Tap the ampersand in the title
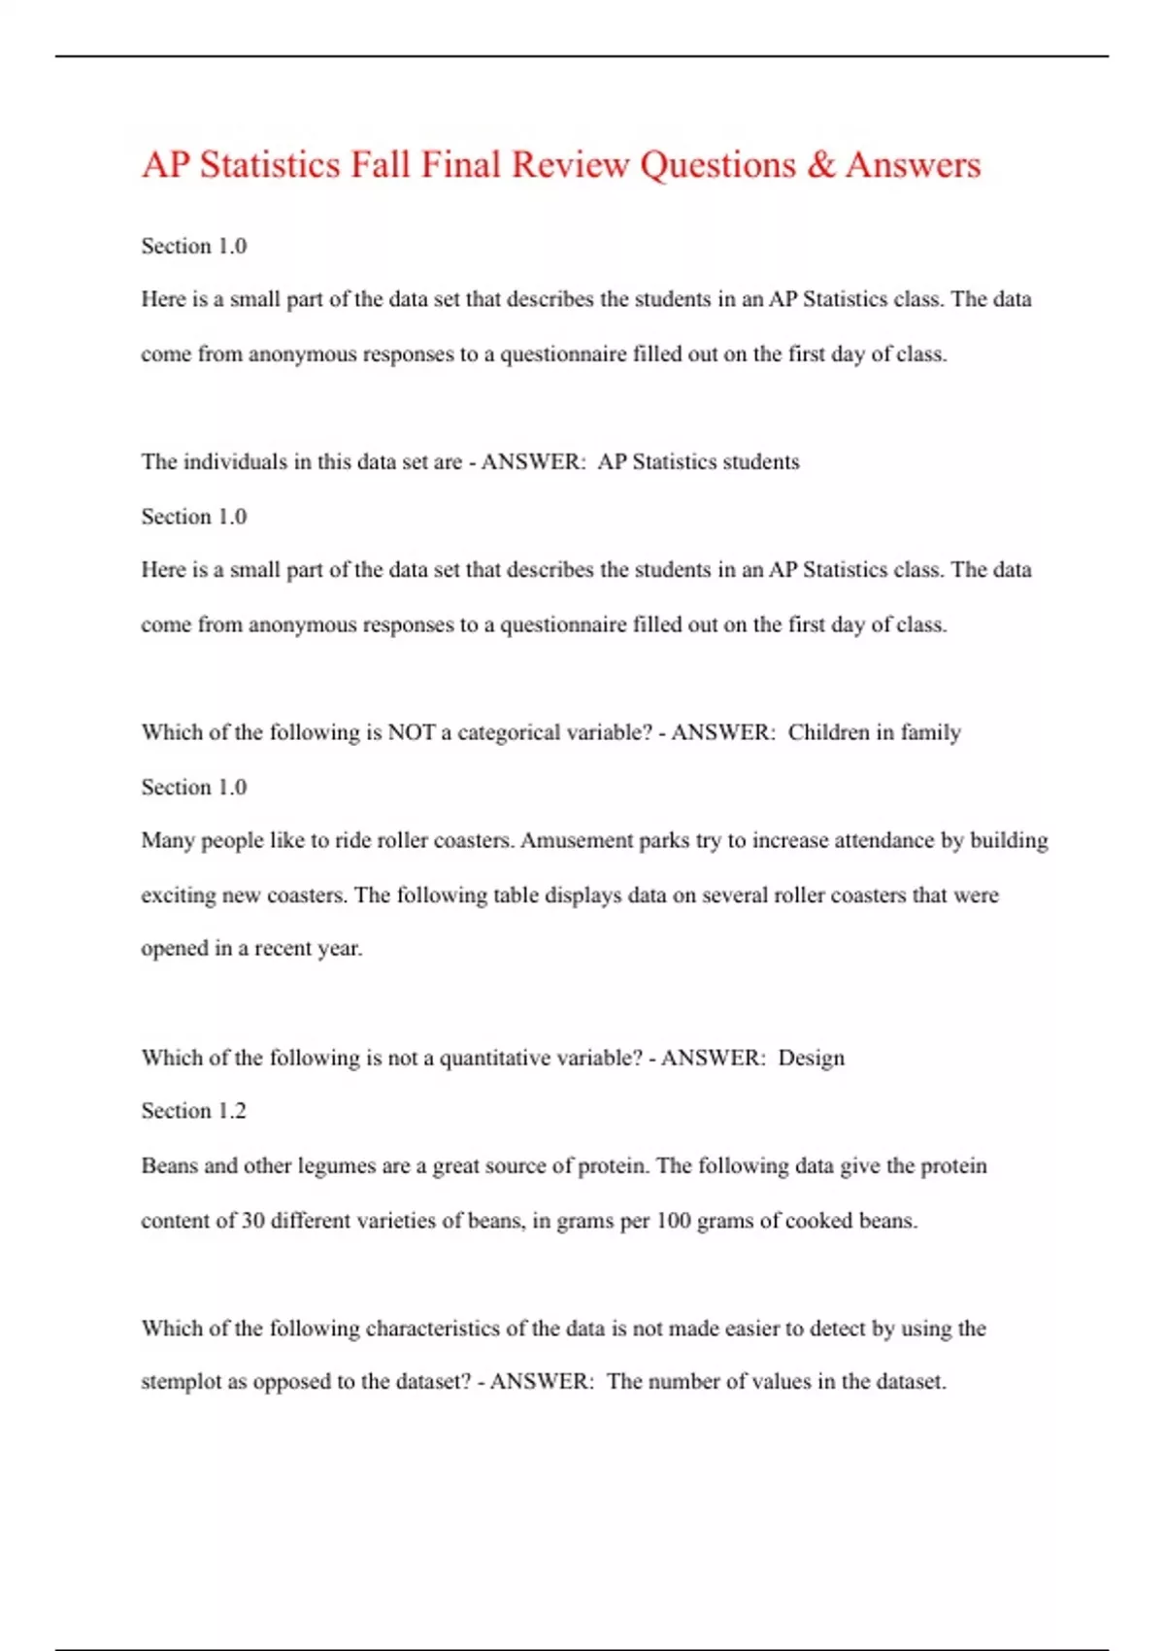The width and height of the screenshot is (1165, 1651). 820,165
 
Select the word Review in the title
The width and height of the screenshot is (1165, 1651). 570,165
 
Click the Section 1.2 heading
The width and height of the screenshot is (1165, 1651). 193,1111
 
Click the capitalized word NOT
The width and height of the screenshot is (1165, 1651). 412,732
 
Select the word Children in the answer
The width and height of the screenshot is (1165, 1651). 828,732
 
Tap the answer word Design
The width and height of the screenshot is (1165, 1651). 812,1058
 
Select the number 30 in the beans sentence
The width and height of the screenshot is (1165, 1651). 253,1221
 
